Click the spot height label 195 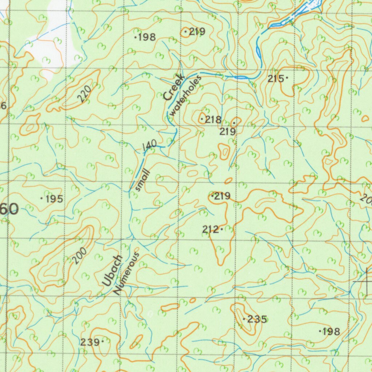[53, 199]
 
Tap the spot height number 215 [276, 78]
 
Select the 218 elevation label [213, 119]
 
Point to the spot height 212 [211, 230]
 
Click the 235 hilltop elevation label [257, 320]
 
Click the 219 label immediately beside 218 [228, 132]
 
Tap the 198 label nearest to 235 [331, 331]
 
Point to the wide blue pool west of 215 [240, 77]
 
